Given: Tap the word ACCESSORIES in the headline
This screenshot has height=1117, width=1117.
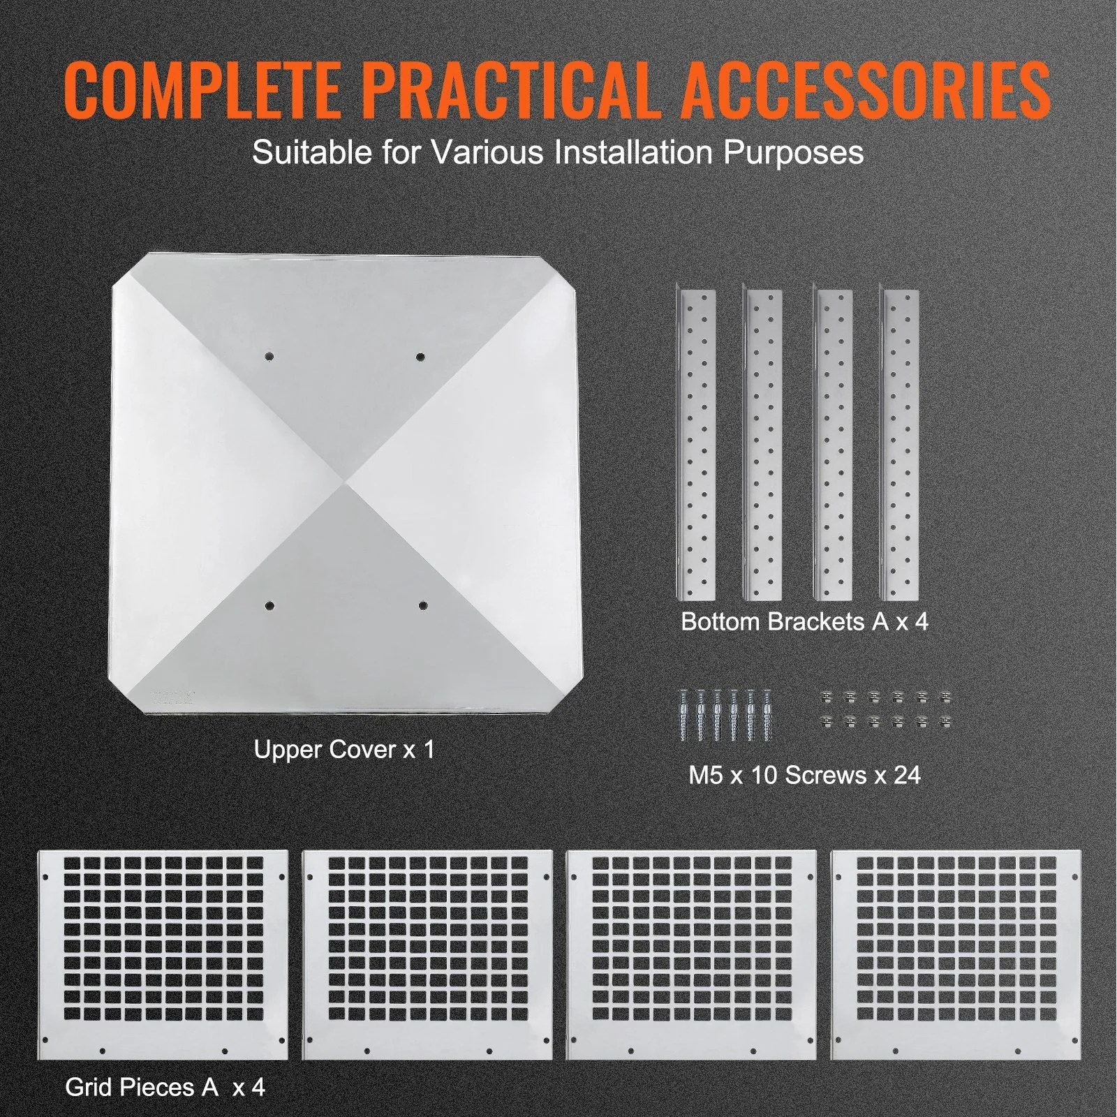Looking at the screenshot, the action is click(866, 91).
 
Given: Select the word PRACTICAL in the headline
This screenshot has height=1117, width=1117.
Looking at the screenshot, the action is click(511, 91).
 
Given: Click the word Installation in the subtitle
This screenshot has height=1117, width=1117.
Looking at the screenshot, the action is click(635, 152).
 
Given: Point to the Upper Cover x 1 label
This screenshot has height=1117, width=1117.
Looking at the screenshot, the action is click(344, 750).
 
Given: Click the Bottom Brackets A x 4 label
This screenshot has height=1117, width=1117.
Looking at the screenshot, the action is click(804, 621).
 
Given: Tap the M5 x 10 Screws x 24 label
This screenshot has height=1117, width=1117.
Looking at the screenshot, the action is click(804, 775).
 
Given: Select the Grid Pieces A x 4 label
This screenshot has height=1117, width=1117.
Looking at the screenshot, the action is click(165, 1087).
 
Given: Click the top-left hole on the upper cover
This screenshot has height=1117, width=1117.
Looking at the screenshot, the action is click(269, 357).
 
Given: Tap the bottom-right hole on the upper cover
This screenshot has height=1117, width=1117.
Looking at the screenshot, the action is click(422, 606).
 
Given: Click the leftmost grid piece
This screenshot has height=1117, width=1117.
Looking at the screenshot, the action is click(163, 954).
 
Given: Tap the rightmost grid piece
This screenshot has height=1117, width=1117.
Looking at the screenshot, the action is click(956, 954).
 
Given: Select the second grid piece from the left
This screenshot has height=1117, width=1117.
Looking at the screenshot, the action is click(427, 954).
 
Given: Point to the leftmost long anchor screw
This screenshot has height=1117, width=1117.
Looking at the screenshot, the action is click(683, 715).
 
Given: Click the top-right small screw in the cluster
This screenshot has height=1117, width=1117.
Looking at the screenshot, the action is click(946, 697).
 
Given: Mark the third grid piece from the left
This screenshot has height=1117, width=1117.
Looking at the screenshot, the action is click(691, 954).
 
